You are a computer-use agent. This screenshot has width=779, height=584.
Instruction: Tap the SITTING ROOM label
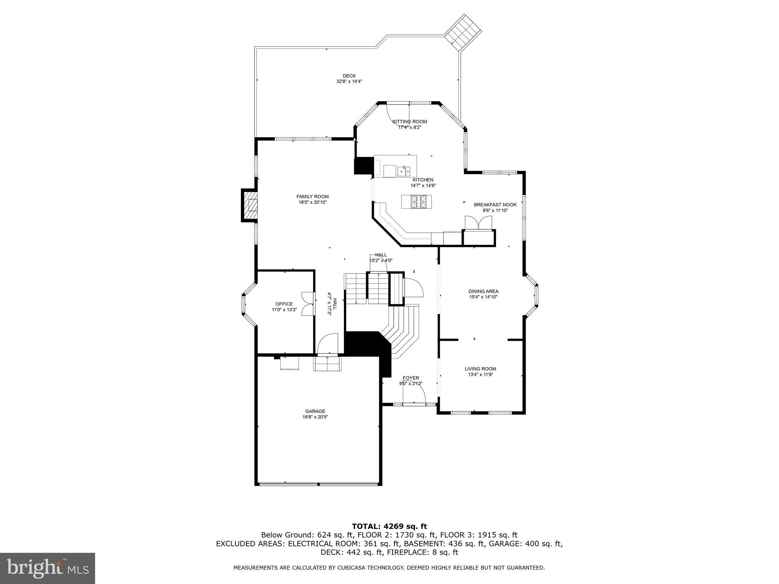pyautogui.click(x=410, y=122)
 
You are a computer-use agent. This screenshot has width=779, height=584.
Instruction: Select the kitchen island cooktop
pyautogui.click(x=417, y=202)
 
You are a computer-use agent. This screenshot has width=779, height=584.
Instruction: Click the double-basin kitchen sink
pyautogui.click(x=404, y=171)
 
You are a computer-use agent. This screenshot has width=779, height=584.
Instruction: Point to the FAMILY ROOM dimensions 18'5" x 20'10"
pyautogui.click(x=313, y=202)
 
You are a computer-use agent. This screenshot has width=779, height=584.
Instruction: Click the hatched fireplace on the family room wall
pyautogui.click(x=250, y=205)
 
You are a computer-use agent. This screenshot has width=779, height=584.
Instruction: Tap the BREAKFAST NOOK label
pyautogui.click(x=495, y=205)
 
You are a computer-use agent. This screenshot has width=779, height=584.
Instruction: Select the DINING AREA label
pyautogui.click(x=483, y=291)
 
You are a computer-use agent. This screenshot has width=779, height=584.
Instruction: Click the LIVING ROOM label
pyautogui.click(x=480, y=368)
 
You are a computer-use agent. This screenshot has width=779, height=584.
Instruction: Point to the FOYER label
pyautogui.click(x=411, y=378)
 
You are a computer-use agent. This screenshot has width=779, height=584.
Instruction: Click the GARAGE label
pyautogui.click(x=315, y=411)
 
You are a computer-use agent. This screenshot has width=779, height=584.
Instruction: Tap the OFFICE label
pyautogui.click(x=284, y=304)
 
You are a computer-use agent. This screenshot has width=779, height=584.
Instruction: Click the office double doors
pyautogui.click(x=307, y=303)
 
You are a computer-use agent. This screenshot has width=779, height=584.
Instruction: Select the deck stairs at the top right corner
pyautogui.click(x=463, y=33)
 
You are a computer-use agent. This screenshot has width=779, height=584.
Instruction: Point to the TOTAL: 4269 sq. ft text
pyautogui.click(x=389, y=526)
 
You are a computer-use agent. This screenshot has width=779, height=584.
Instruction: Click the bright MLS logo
pyautogui.click(x=48, y=568)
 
